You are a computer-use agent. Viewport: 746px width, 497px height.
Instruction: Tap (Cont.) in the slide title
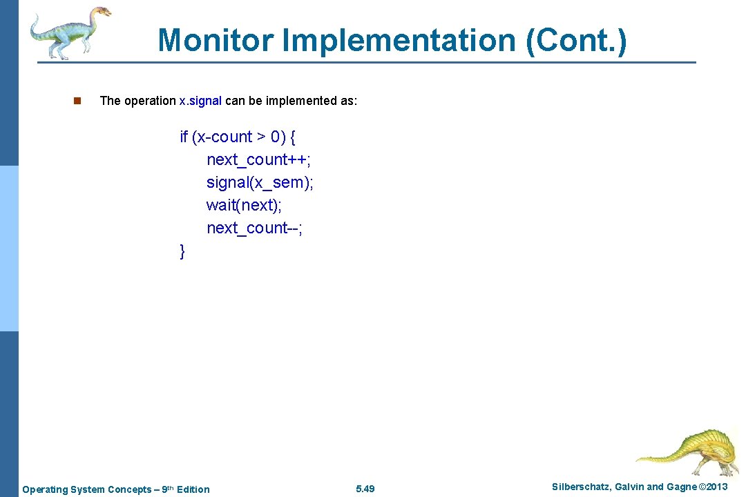[576, 40]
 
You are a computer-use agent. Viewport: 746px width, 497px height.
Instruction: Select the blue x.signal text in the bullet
[200, 101]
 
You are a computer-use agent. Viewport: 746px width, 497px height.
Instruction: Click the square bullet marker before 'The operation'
[77, 101]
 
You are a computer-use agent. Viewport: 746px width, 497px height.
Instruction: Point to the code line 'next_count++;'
[258, 159]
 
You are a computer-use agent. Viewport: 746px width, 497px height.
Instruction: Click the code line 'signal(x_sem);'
[260, 182]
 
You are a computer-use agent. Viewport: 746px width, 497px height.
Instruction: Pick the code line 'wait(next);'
[244, 205]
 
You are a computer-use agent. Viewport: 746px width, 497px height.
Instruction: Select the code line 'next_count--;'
[254, 228]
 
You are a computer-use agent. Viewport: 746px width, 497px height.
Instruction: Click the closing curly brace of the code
[182, 251]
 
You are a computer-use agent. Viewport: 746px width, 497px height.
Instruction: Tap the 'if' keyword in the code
[184, 137]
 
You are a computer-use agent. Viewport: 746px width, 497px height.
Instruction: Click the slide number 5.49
[365, 489]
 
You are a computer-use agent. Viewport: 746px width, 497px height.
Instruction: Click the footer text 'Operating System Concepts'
[86, 489]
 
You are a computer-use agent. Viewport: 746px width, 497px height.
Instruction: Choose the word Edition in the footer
[193, 489]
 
